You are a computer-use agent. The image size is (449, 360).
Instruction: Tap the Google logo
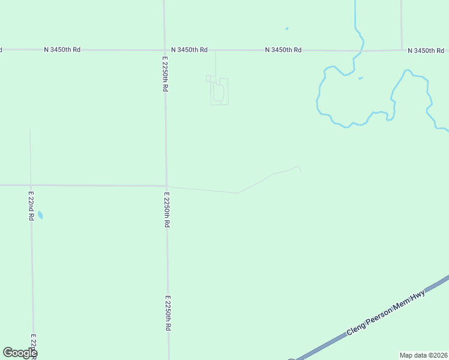pyautogui.click(x=20, y=353)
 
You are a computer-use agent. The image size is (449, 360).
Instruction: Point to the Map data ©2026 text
pyautogui.click(x=424, y=355)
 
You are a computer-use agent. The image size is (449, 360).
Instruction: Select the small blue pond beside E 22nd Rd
pyautogui.click(x=40, y=215)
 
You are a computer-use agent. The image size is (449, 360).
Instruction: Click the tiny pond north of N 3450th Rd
pyautogui.click(x=287, y=28)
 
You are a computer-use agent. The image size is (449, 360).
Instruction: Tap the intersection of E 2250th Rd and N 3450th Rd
pyautogui.click(x=165, y=50)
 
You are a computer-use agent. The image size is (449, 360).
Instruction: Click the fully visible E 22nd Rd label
pyautogui.click(x=31, y=206)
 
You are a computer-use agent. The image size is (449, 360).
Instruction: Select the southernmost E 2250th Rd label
pyautogui.click(x=169, y=313)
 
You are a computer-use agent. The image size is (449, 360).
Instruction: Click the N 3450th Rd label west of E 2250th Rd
pyautogui.click(x=62, y=49)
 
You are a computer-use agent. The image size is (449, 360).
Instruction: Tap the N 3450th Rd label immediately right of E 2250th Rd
pyautogui.click(x=189, y=50)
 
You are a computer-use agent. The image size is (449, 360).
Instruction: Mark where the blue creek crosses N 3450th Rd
pyautogui.click(x=361, y=50)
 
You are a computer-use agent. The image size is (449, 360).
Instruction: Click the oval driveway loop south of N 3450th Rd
pyautogui.click(x=219, y=93)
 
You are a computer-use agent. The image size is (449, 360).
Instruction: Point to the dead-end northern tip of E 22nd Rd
pyautogui.click(x=30, y=130)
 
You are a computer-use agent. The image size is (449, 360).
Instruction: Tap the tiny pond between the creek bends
pyautogui.click(x=360, y=78)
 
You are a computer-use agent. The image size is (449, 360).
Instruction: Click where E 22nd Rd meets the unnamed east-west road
pyautogui.click(x=31, y=185)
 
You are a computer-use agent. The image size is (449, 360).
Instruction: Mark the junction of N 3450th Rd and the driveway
pyautogui.click(x=215, y=50)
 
